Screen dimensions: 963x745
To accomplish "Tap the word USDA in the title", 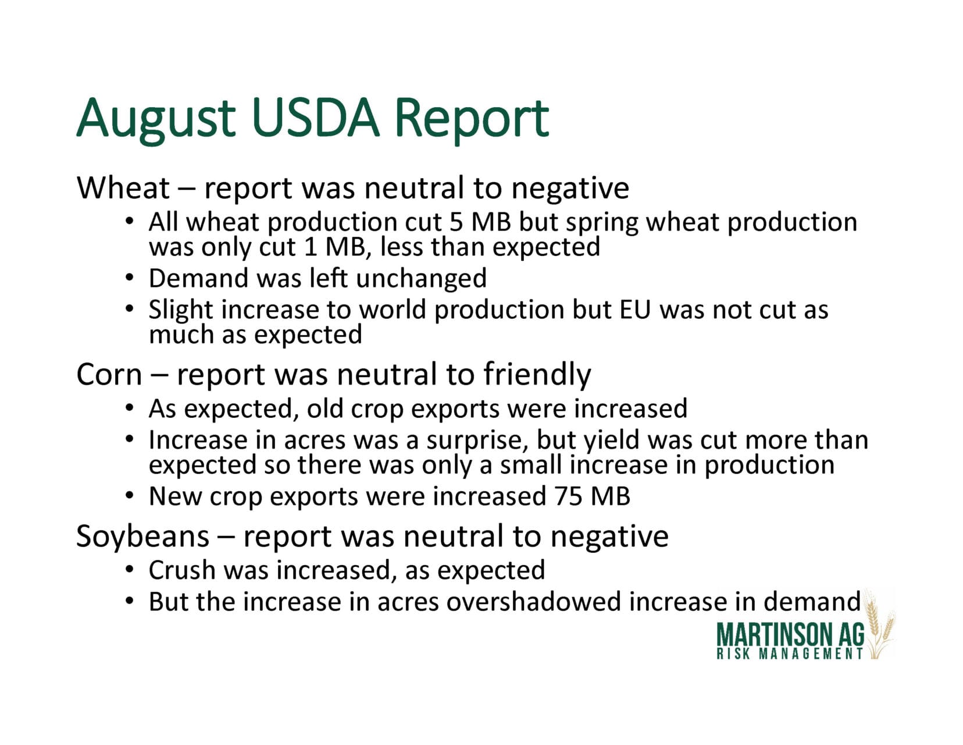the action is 316,118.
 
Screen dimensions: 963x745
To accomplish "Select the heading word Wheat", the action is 123,187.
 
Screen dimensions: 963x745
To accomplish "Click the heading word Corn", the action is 109,375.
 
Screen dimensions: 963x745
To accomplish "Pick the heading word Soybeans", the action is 142,537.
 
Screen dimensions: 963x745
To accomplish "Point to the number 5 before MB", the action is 456,222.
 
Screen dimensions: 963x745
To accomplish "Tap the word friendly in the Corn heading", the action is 537,375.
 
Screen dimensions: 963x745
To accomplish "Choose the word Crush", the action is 182,570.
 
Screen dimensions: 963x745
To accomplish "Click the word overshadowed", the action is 534,602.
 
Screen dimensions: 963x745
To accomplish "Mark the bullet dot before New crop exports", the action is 129,496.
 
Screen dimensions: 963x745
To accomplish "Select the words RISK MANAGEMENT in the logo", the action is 789,654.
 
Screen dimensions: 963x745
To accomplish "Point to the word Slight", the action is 181,310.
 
